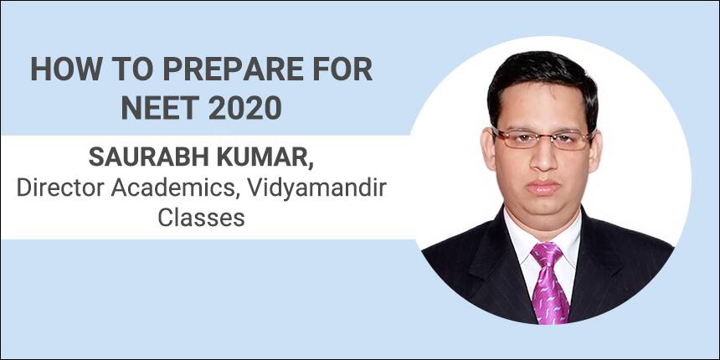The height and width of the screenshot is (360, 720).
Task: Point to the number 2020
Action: click(x=244, y=108)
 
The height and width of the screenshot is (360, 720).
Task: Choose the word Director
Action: click(x=58, y=188)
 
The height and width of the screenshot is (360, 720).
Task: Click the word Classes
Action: click(x=201, y=217)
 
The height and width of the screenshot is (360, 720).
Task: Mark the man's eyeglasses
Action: click(x=543, y=138)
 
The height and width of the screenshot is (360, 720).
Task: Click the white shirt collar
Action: click(x=543, y=239)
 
